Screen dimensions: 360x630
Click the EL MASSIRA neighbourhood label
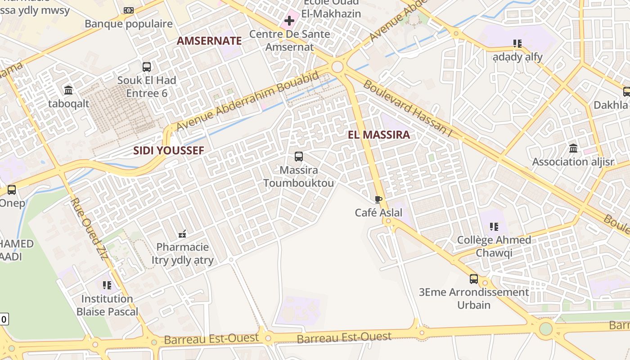point(379,135)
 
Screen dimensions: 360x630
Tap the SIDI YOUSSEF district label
point(169,151)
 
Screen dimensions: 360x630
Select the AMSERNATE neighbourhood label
point(209,41)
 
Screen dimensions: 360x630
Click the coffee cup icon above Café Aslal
point(378,199)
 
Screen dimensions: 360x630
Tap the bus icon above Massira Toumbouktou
point(299,157)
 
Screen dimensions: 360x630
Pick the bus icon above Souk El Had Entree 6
point(147,67)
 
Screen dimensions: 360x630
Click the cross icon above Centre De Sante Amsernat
point(289,20)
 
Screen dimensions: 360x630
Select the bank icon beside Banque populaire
point(129,10)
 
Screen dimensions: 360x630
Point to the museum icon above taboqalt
point(68,90)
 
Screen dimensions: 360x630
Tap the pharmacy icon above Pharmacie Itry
point(182,234)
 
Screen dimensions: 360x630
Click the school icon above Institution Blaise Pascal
point(107,285)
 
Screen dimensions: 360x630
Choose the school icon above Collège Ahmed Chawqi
point(494,226)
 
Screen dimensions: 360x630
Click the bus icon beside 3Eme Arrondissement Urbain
point(474,279)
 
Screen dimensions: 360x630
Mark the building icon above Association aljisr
point(573,148)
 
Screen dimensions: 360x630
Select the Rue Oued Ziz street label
point(89,229)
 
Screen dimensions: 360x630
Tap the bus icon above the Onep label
point(12,190)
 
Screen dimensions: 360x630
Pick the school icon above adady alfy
point(517,44)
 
